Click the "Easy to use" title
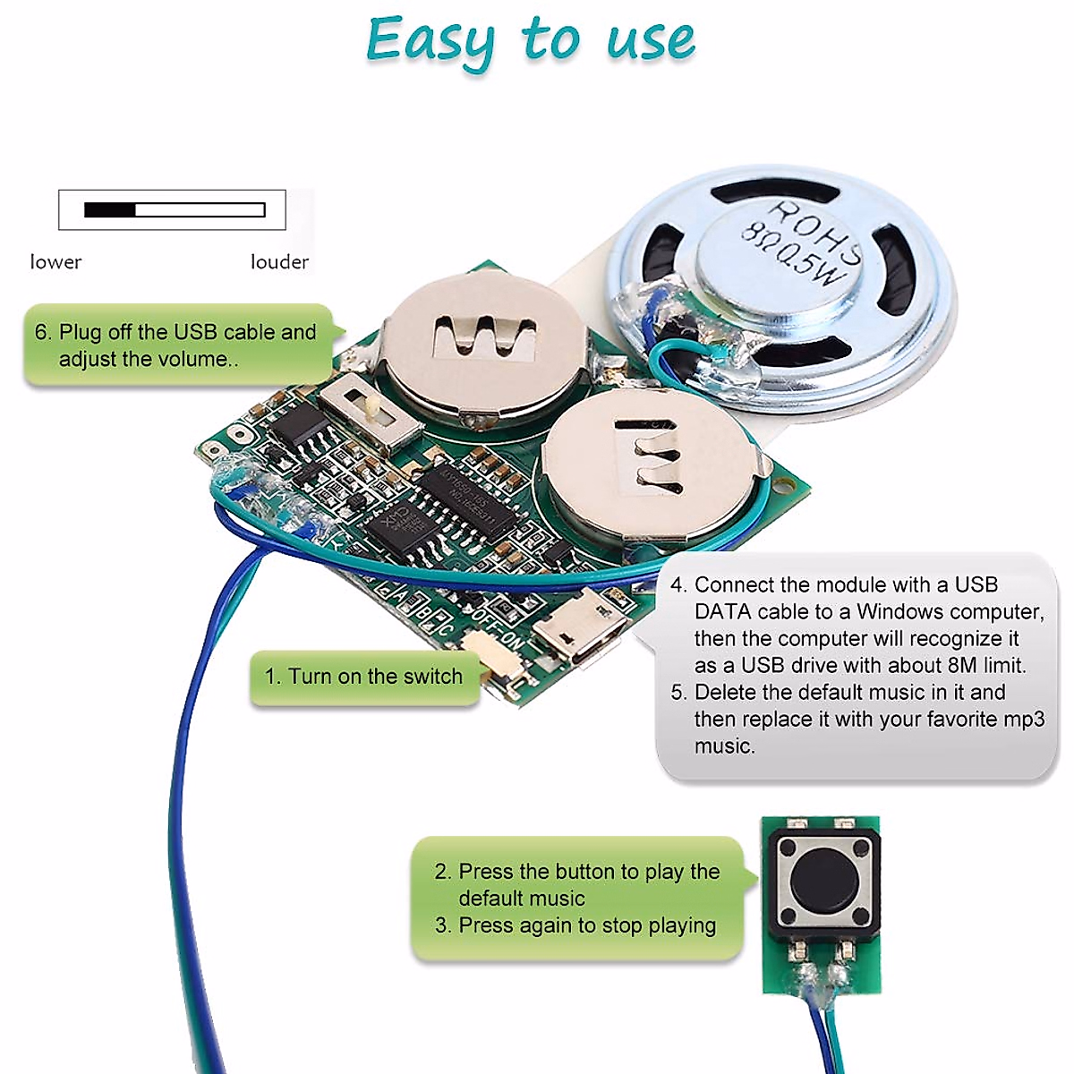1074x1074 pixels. pos(530,41)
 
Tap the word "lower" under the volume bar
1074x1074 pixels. pos(55,262)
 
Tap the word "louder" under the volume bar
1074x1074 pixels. pos(279,262)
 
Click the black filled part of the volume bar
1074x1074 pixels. pos(109,210)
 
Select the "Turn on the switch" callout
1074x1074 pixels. pos(364,677)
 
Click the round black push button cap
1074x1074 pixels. pos(823,882)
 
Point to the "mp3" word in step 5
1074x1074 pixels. pos(1024,720)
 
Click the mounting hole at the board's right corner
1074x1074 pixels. pos(788,489)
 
